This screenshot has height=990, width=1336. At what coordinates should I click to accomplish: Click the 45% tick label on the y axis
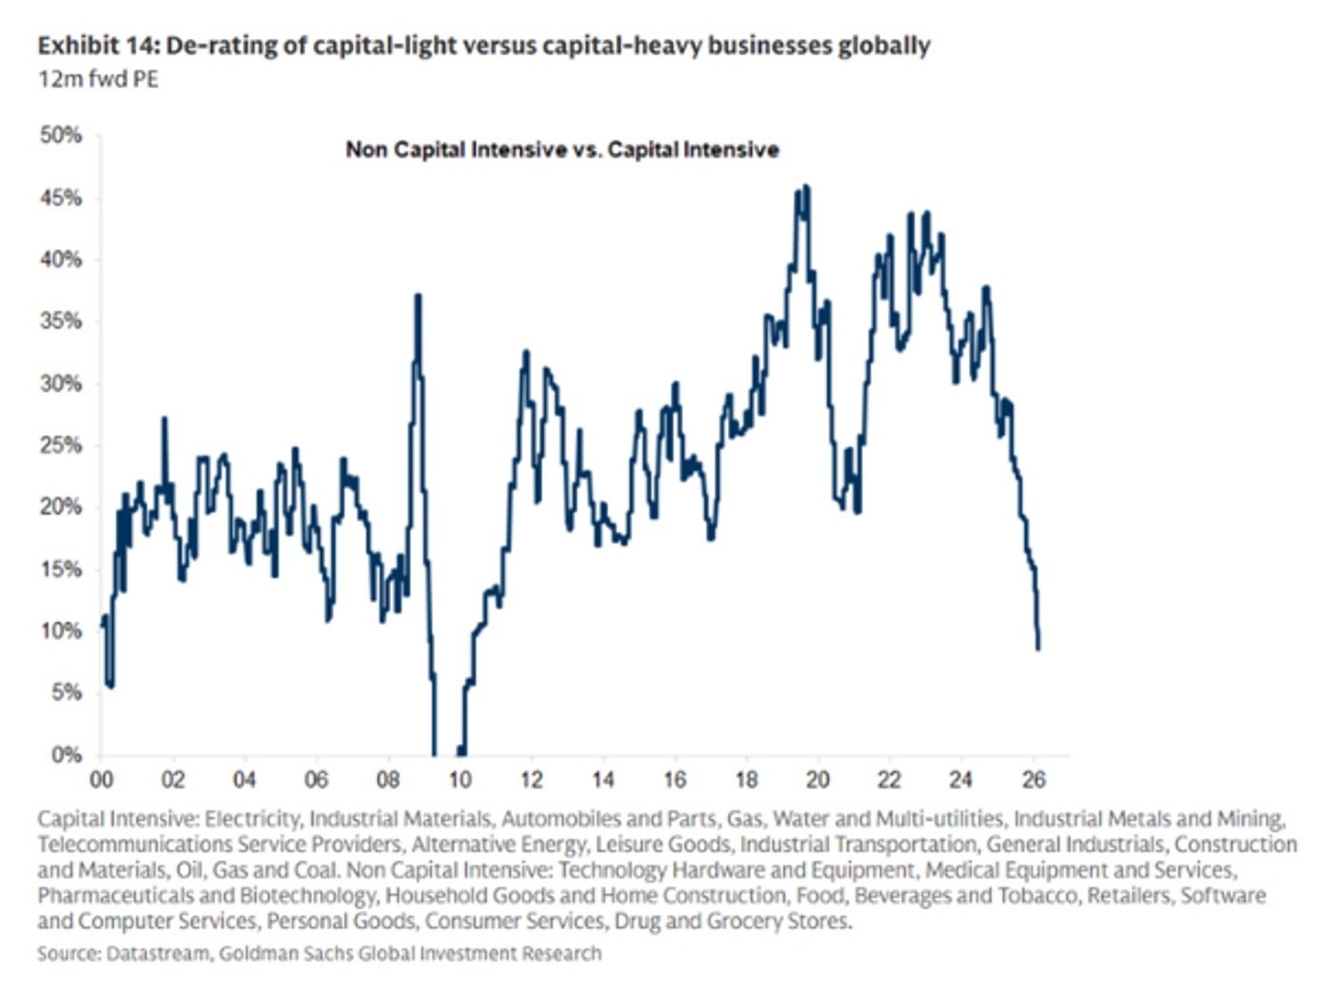pyautogui.click(x=60, y=198)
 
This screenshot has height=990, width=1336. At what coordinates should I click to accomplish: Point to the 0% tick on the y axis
pyautogui.click(x=65, y=755)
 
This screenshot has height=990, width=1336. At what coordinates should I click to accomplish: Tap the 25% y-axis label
pyautogui.click(x=60, y=445)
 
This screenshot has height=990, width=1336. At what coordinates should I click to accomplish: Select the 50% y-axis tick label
pyautogui.click(x=60, y=135)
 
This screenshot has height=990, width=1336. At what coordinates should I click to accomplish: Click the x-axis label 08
pyautogui.click(x=387, y=780)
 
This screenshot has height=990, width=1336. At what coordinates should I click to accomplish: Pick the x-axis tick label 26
pyautogui.click(x=1033, y=780)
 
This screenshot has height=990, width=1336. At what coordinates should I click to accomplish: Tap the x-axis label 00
pyautogui.click(x=101, y=780)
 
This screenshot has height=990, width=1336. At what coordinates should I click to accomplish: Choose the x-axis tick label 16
pyautogui.click(x=675, y=780)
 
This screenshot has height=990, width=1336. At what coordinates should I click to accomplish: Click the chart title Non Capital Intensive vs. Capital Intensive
pyautogui.click(x=561, y=149)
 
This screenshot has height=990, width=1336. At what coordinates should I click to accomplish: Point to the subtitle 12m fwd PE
pyautogui.click(x=98, y=79)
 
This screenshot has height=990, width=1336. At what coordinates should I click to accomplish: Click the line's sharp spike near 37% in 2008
pyautogui.click(x=418, y=296)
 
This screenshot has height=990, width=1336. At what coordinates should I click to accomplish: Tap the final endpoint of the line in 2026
pyautogui.click(x=1038, y=649)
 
